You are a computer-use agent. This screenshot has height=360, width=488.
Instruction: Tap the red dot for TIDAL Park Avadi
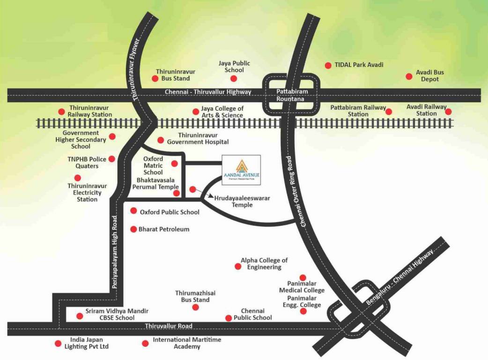click(328, 65)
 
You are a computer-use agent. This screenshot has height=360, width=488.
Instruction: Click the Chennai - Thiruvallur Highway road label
click(208, 92)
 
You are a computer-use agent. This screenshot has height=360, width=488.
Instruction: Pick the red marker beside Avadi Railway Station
click(448, 112)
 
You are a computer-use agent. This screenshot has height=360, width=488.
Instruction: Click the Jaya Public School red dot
click(234, 78)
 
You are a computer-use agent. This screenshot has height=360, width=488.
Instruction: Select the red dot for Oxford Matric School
click(175, 164)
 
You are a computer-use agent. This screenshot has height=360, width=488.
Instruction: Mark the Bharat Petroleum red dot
click(134, 229)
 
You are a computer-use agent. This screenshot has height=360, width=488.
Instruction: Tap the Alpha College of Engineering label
click(264, 263)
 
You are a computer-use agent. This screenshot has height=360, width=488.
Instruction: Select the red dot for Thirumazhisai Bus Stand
click(195, 307)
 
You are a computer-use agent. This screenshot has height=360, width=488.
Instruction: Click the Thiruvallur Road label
click(169, 326)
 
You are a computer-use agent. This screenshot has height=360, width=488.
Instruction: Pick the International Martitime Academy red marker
click(145, 344)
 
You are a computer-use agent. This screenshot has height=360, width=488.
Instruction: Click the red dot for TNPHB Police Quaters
click(112, 159)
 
